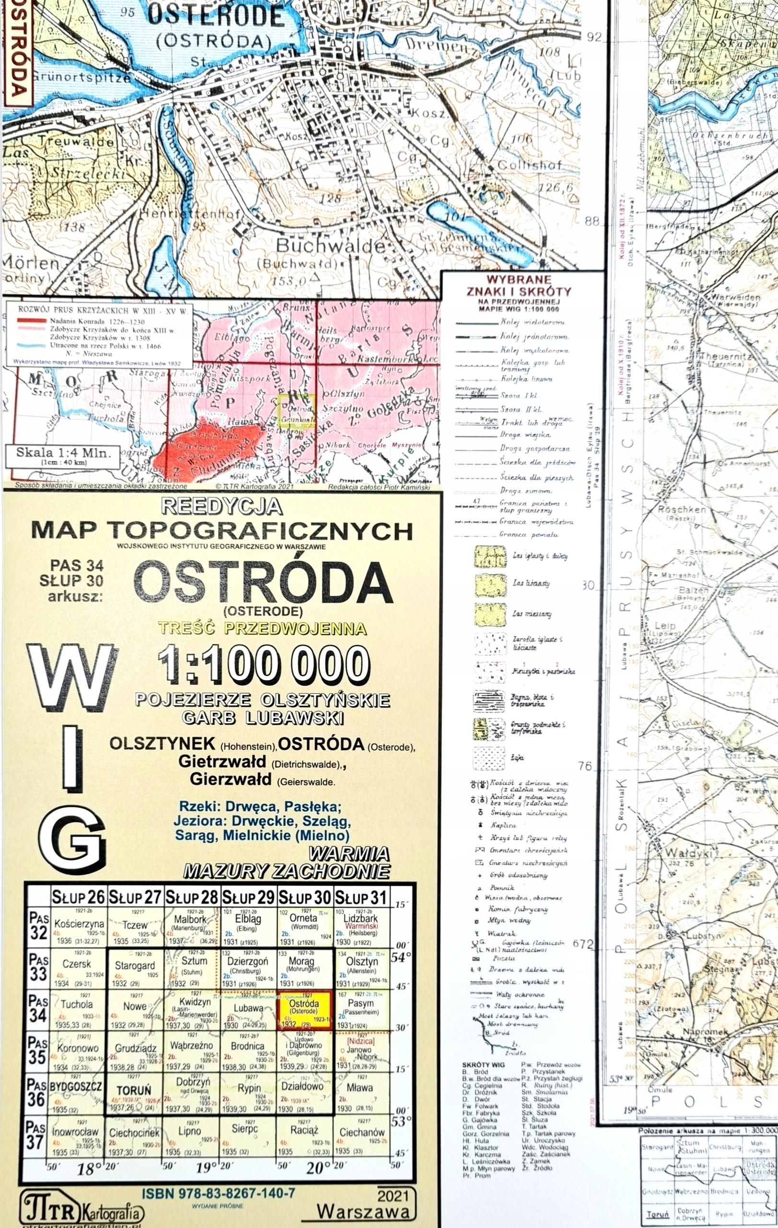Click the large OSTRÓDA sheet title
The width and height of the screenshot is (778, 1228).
263,583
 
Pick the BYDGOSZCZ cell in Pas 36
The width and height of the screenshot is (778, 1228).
76,1085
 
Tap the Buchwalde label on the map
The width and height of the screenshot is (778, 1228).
330,246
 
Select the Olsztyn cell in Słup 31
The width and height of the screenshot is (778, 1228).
362,962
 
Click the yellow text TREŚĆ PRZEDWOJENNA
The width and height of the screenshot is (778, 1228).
262,628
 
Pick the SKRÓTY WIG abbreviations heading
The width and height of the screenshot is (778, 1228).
484,1065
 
